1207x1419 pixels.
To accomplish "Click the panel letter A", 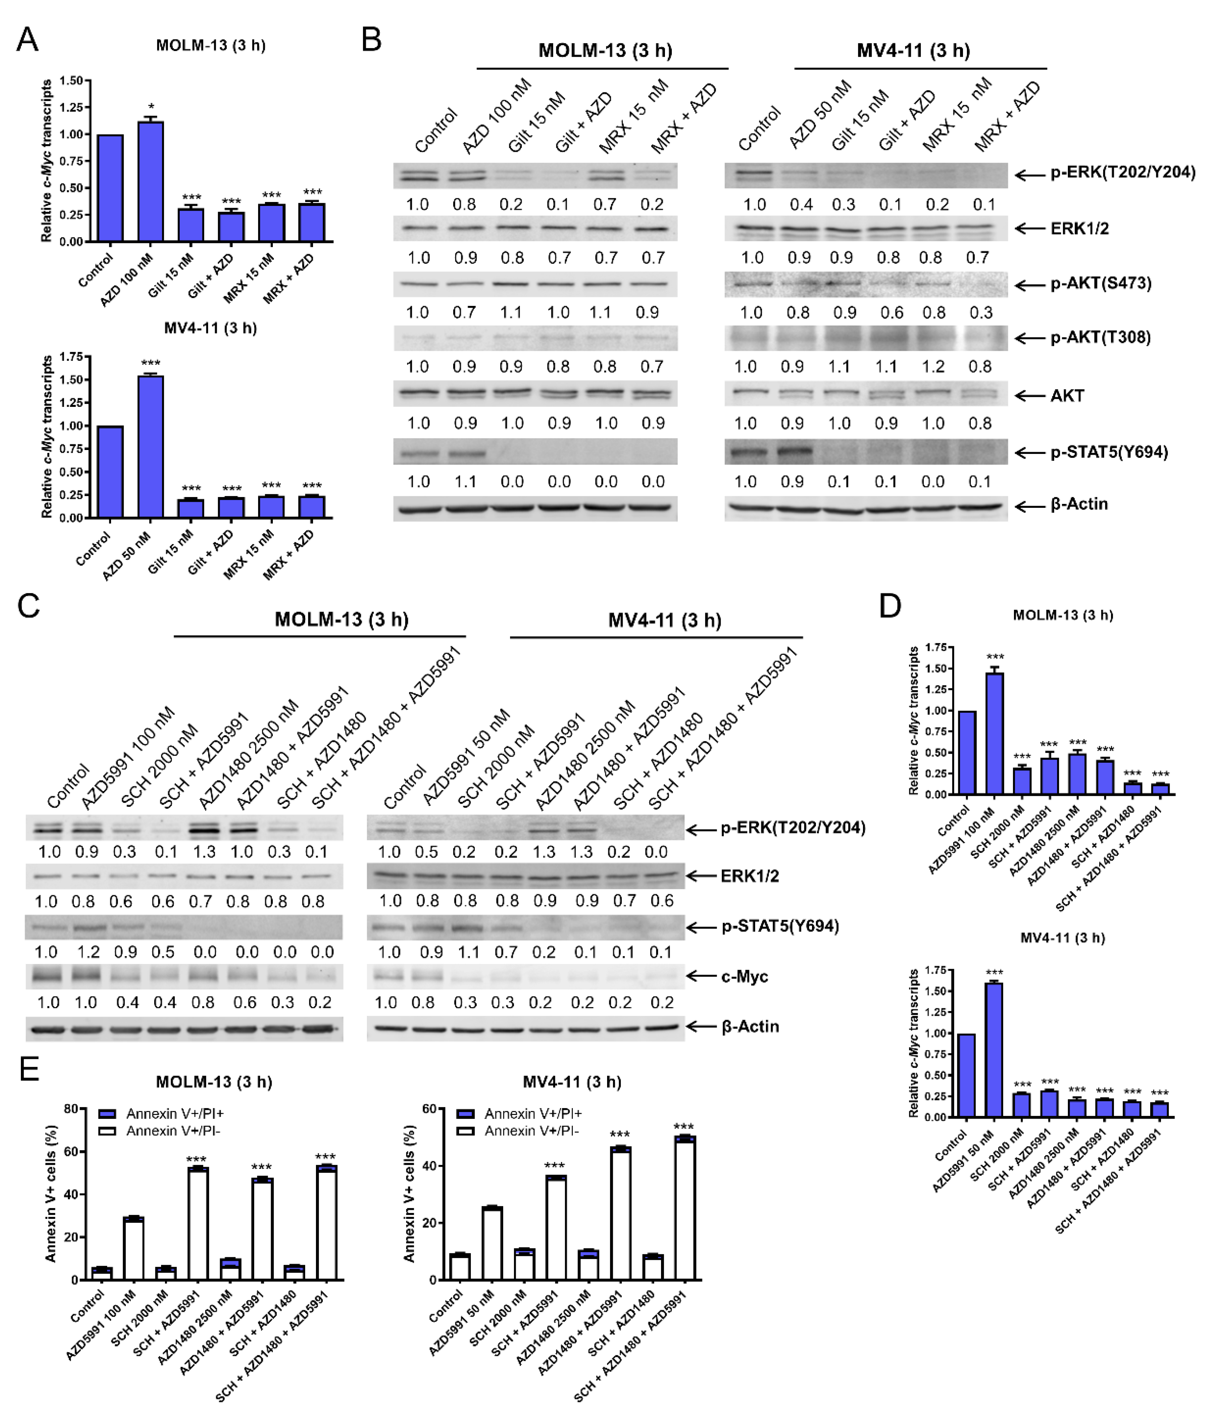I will pos(27,40).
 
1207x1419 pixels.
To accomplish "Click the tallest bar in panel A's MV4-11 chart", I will pos(151,446).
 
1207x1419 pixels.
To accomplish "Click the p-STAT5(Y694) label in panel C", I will pos(780,926).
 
